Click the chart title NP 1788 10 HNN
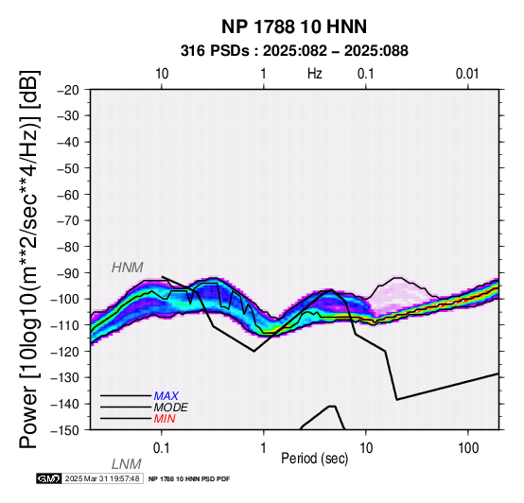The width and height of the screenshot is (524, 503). (294, 26)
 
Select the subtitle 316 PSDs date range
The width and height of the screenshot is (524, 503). (294, 51)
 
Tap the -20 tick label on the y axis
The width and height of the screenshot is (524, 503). (68, 90)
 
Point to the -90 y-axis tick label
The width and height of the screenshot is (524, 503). (68, 273)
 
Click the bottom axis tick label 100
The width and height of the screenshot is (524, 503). (468, 448)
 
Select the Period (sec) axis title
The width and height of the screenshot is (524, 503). (314, 459)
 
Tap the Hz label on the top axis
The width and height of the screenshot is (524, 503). (314, 74)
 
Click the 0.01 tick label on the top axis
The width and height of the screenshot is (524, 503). (467, 74)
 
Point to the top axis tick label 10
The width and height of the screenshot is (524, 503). (162, 74)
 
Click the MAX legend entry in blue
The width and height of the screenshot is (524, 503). (166, 396)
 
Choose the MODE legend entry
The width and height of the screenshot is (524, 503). (171, 408)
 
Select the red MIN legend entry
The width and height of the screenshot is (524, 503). (165, 419)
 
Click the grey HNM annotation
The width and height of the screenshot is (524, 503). (128, 268)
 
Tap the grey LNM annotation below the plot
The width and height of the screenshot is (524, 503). (127, 464)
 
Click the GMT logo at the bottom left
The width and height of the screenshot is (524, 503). (49, 479)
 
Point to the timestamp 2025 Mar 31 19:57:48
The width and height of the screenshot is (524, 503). (102, 479)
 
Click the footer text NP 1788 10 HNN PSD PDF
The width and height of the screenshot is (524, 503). (189, 479)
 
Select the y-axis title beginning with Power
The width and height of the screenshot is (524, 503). (29, 260)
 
